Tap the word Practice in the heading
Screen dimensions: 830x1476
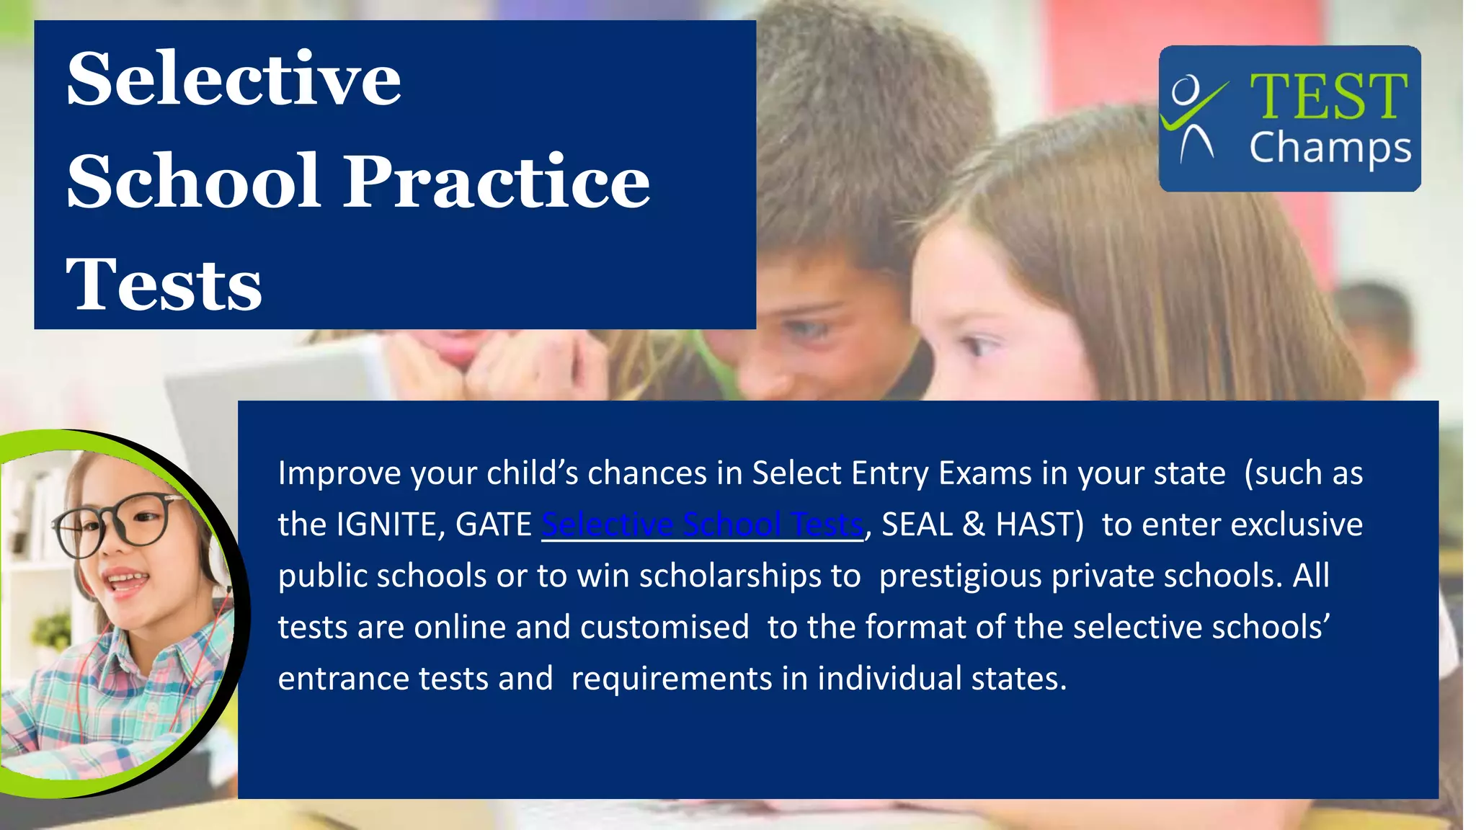coord(497,181)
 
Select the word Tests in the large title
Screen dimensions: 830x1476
coord(164,285)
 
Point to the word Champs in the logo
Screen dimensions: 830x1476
coord(1330,148)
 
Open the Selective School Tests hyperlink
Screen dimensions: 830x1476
coord(702,525)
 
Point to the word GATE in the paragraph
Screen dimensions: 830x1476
coord(494,525)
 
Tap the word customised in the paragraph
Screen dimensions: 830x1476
coord(664,627)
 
